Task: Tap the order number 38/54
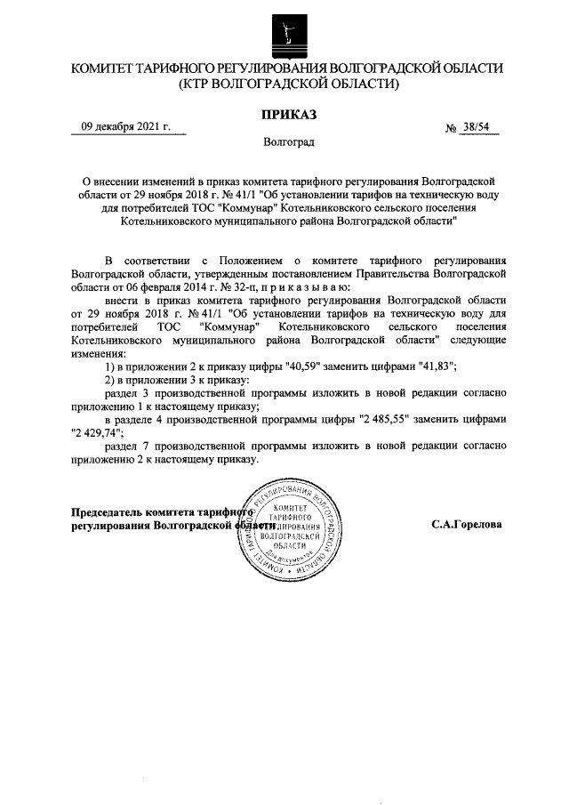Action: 478,127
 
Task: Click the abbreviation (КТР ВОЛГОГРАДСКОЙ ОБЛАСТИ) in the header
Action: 285,85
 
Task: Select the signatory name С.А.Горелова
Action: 467,525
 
